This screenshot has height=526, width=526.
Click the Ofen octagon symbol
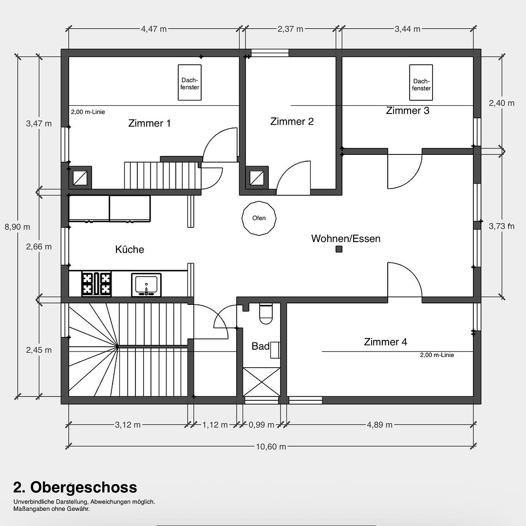coord(259,218)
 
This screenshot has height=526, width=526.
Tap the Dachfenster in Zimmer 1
coord(190,82)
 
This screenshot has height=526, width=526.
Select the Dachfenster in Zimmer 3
coord(421,82)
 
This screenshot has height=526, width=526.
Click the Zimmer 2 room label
coord(292,121)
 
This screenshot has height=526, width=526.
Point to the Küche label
coord(130,249)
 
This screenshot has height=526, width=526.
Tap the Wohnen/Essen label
coord(346,239)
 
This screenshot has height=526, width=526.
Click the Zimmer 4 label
coord(385,342)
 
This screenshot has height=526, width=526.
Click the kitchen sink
coord(146,285)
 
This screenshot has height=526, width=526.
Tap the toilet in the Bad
coord(266,314)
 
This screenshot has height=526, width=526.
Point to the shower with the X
coord(262,382)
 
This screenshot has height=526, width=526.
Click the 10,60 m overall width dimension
coord(271,447)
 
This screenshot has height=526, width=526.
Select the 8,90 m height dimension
coord(18,227)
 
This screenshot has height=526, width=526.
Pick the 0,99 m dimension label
coord(262,425)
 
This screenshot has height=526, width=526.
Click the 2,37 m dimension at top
coord(290,29)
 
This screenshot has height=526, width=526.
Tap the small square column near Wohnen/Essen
coord(339,249)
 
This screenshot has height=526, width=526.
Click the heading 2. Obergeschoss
coord(75,488)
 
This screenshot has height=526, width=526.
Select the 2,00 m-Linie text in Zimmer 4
coord(437,355)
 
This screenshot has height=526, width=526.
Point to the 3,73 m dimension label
coord(502,226)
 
